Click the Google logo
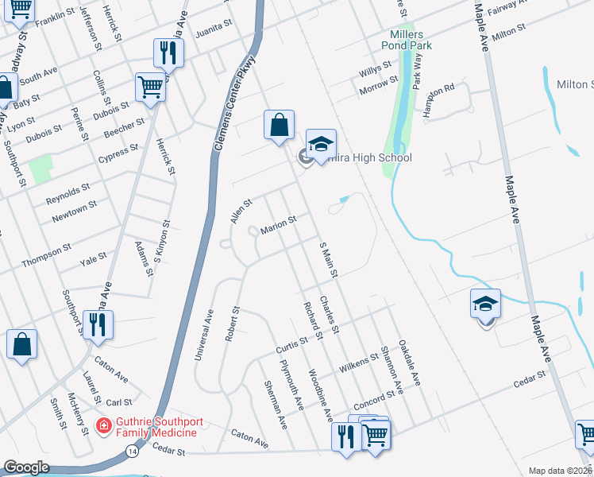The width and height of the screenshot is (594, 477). pos(27,467)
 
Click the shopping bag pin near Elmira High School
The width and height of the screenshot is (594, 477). pos(279,126)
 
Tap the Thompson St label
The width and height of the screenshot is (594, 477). pos(48,252)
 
